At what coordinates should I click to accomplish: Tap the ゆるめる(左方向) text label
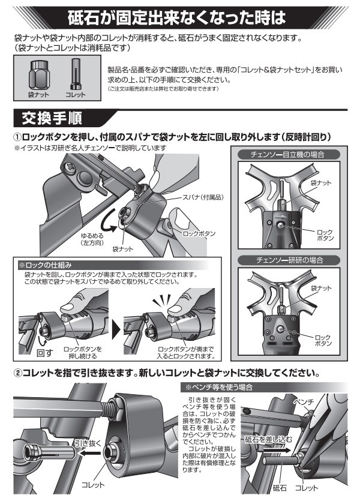93,240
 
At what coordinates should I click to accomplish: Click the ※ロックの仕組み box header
43,264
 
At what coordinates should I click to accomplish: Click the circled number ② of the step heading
19,373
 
